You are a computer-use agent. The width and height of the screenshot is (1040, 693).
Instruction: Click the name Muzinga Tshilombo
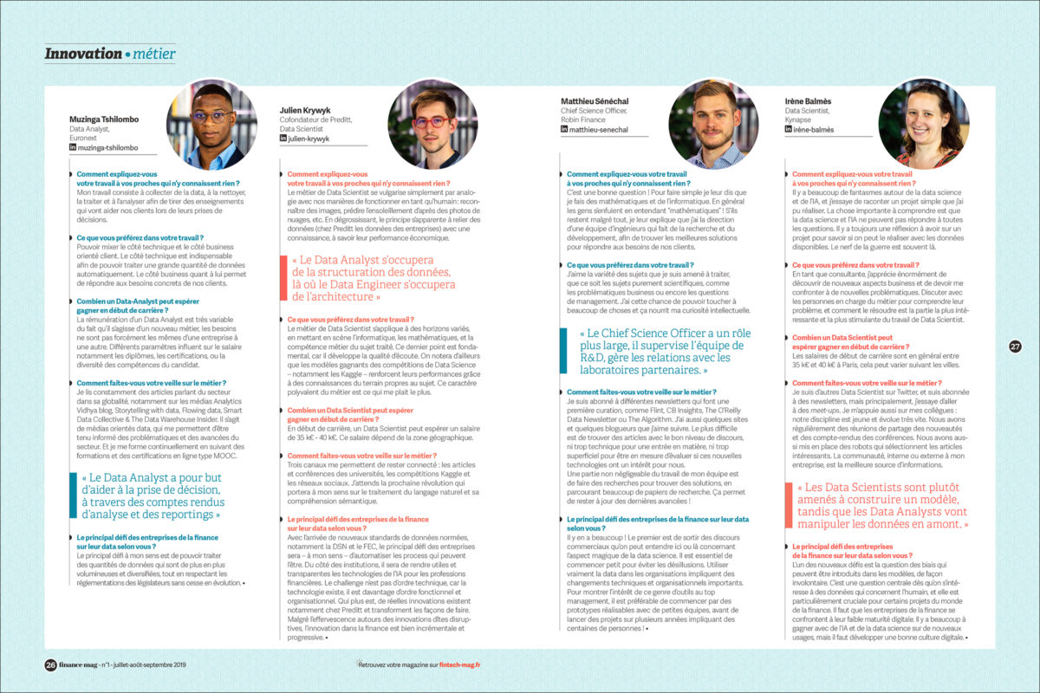104,119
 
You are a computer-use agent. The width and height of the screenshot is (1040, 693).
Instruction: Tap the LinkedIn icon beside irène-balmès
789,129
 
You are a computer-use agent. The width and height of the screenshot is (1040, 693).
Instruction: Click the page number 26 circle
50,664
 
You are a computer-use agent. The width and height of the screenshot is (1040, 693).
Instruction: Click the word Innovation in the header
83,54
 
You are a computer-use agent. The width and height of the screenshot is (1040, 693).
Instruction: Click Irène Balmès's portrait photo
924,123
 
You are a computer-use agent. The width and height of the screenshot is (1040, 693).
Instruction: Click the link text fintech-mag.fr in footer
459,664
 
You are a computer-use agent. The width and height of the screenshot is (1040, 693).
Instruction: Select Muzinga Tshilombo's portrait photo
211,124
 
